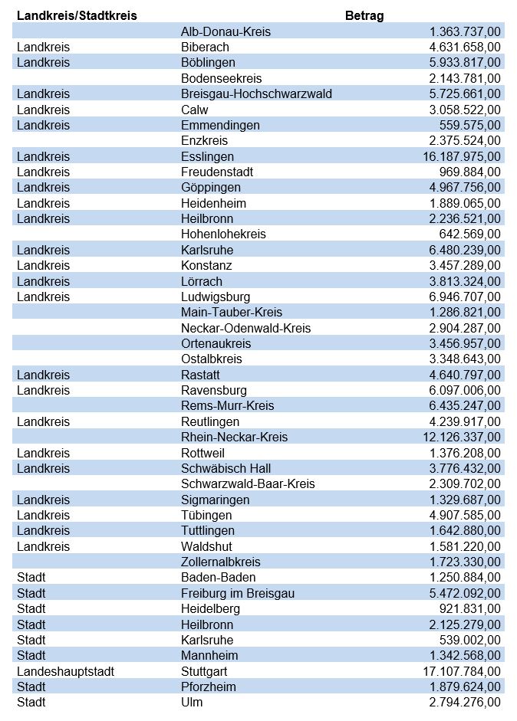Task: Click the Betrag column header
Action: pyautogui.click(x=364, y=15)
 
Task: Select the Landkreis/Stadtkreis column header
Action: pyautogui.click(x=77, y=15)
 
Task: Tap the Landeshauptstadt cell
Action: pyautogui.click(x=65, y=671)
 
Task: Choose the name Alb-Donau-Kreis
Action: pyautogui.click(x=226, y=31)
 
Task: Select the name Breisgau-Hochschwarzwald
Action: pyautogui.click(x=256, y=93)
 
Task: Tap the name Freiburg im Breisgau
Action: pyautogui.click(x=238, y=593)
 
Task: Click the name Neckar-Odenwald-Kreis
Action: pyautogui.click(x=245, y=328)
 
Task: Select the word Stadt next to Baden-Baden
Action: pyautogui.click(x=31, y=577)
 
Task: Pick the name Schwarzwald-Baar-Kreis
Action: pyautogui.click(x=248, y=483)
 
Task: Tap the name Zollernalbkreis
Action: pyautogui.click(x=221, y=562)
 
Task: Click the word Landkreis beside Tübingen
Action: pyautogui.click(x=43, y=515)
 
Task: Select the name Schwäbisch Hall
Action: pyautogui.click(x=226, y=468)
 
